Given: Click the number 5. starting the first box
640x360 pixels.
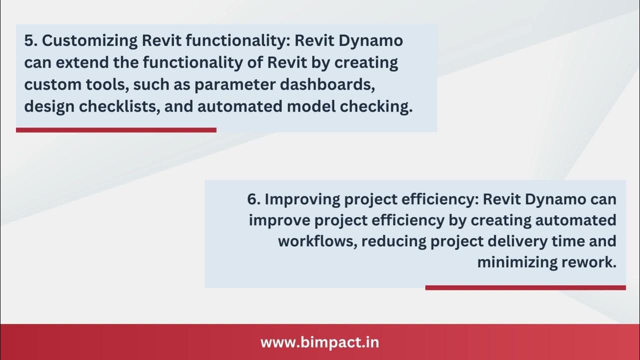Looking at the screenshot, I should click(30, 41).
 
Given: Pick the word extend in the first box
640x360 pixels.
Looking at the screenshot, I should click(82, 63).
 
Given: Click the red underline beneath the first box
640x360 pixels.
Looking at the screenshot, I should click(116, 130).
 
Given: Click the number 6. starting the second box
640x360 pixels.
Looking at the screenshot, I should click(253, 199).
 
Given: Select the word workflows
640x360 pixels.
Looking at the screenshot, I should click(316, 241).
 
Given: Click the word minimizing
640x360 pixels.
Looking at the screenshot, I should click(515, 262).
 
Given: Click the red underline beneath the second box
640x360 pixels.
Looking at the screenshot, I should click(525, 287).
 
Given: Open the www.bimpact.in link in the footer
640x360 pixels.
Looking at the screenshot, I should click(319, 343).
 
